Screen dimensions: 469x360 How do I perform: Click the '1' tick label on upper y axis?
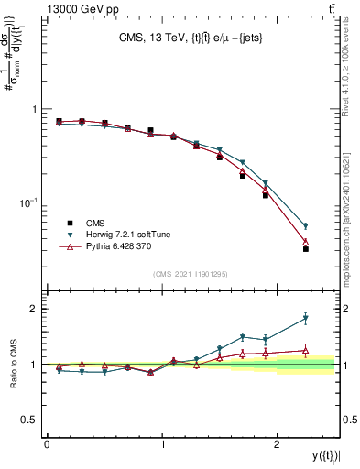35,109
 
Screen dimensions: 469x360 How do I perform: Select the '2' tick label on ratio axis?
35,309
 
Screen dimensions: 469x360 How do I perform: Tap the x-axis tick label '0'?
47,443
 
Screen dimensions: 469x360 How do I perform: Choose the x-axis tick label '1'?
162,443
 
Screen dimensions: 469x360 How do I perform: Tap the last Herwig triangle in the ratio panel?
306,319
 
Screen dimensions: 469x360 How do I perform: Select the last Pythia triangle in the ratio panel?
306,350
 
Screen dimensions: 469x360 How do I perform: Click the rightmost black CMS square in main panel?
306,248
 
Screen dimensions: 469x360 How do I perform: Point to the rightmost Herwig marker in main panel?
306,225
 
